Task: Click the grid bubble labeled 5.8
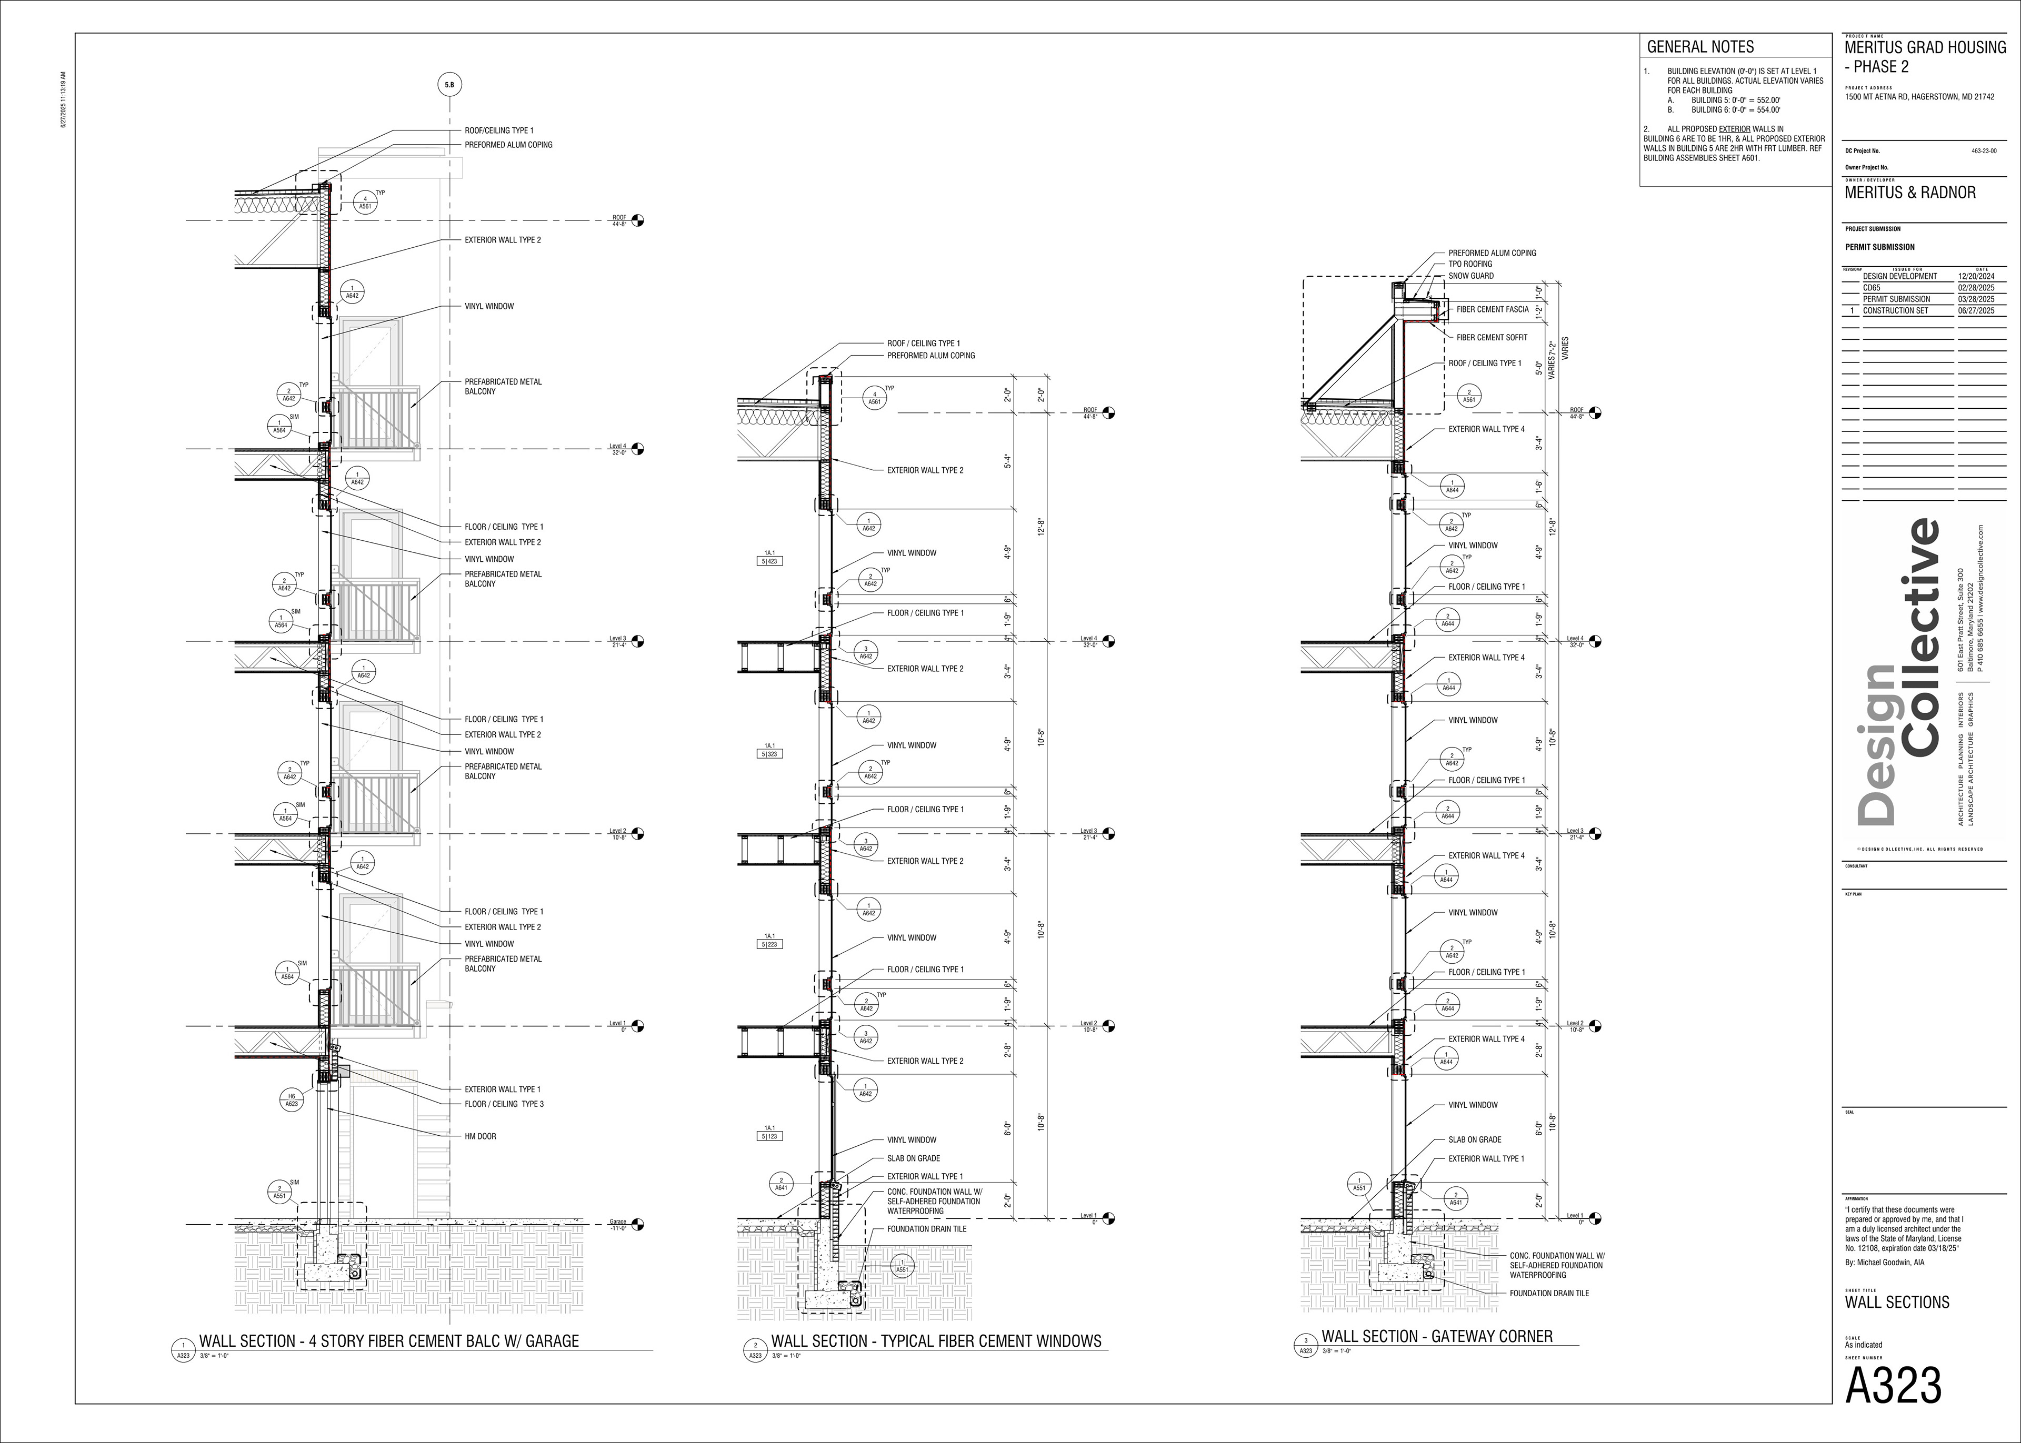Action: [449, 85]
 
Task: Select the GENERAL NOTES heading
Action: [1700, 47]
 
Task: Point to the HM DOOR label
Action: [480, 1136]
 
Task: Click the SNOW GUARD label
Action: [1471, 276]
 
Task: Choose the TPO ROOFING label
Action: [1470, 264]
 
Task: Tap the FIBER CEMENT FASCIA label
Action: [1492, 310]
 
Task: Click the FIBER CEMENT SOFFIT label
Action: [1492, 338]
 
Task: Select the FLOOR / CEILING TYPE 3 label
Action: [504, 1104]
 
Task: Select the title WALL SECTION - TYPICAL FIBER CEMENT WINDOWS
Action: [936, 1341]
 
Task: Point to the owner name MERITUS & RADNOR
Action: [1910, 193]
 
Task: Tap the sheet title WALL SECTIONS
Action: [1897, 1303]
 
